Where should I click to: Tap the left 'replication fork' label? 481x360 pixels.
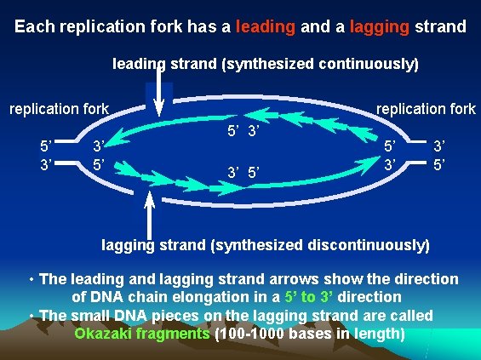pyautogui.click(x=59, y=109)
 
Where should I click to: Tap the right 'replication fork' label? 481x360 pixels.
pyautogui.click(x=426, y=109)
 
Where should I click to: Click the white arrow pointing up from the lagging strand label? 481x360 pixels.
pyautogui.click(x=150, y=217)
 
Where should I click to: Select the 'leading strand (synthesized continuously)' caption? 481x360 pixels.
pyautogui.click(x=266, y=64)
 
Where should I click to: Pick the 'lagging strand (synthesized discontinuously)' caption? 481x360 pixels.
pyautogui.click(x=266, y=245)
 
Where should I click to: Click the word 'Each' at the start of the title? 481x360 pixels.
pyautogui.click(x=34, y=26)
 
